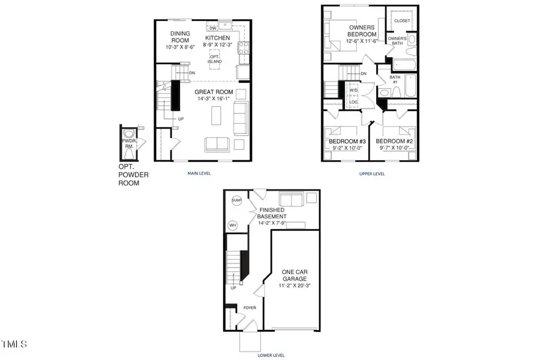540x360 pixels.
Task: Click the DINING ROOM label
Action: (x=179, y=37)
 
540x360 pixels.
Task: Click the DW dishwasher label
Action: (x=212, y=28)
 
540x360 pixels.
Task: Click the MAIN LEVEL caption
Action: (x=202, y=174)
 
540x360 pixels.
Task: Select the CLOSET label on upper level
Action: (x=402, y=20)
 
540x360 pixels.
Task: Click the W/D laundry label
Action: (x=353, y=91)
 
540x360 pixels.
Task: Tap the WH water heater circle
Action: (x=233, y=226)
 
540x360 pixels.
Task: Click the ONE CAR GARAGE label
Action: (x=295, y=275)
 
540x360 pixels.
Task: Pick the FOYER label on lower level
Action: (x=248, y=308)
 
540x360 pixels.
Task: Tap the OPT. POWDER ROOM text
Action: (x=133, y=175)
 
